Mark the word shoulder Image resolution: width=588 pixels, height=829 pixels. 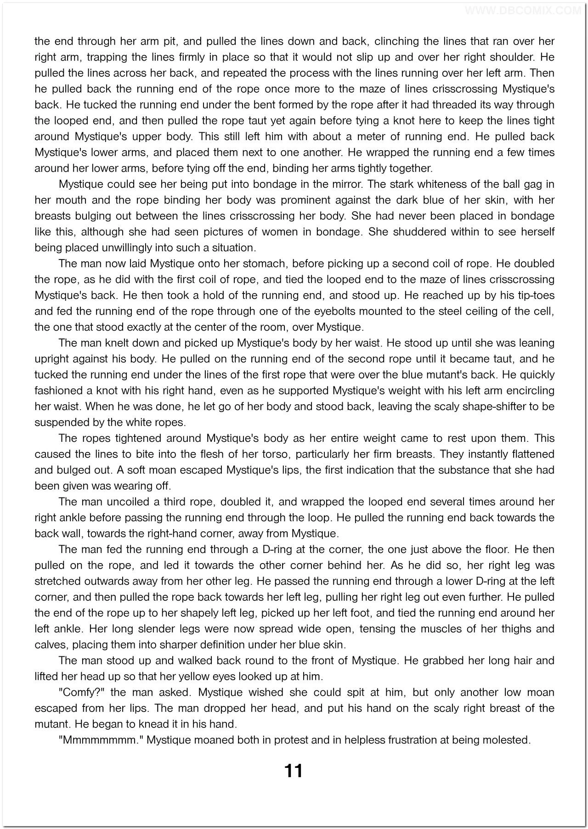tap(513, 57)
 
